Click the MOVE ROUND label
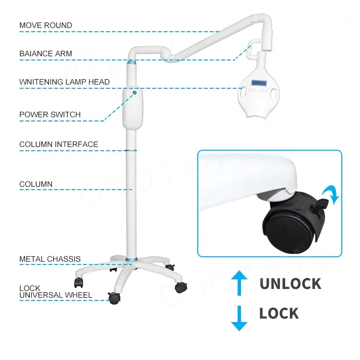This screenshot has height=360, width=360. tap(46, 25)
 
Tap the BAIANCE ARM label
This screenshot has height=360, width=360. tap(46, 53)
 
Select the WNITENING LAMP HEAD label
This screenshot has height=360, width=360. tap(64, 82)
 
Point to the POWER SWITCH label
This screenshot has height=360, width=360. tap(50, 115)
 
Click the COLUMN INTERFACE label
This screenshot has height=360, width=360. tap(59, 144)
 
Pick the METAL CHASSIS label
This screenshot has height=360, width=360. tap(50, 259)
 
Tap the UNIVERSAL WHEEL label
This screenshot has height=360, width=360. tap(56, 295)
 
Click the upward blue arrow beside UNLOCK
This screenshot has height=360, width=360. tap(239, 283)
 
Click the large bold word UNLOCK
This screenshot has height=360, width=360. tap(290, 283)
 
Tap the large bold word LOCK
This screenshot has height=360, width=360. tap(279, 314)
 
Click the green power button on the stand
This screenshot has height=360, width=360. tap(135, 92)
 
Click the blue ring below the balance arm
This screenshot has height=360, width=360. tap(132, 63)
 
